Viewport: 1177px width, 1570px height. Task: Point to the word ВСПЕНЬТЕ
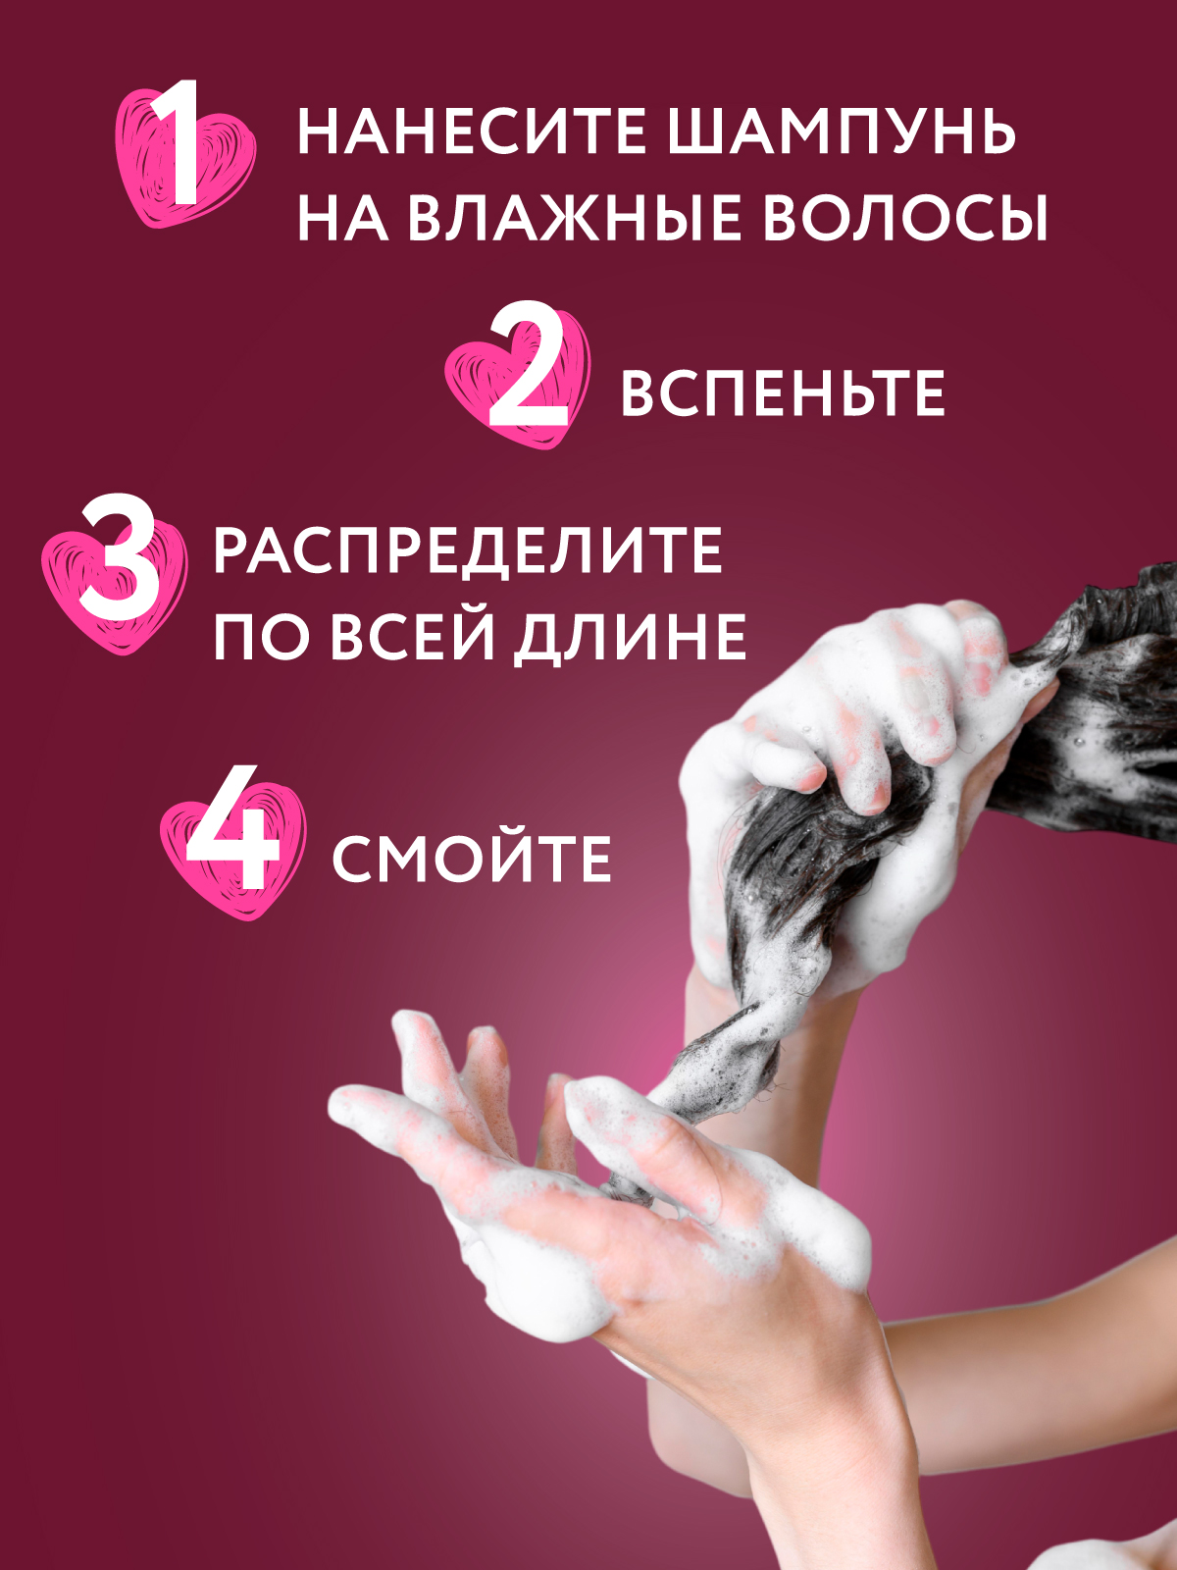[783, 392]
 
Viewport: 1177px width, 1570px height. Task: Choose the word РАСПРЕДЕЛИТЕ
[469, 551]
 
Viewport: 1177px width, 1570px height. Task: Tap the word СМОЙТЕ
[472, 859]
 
